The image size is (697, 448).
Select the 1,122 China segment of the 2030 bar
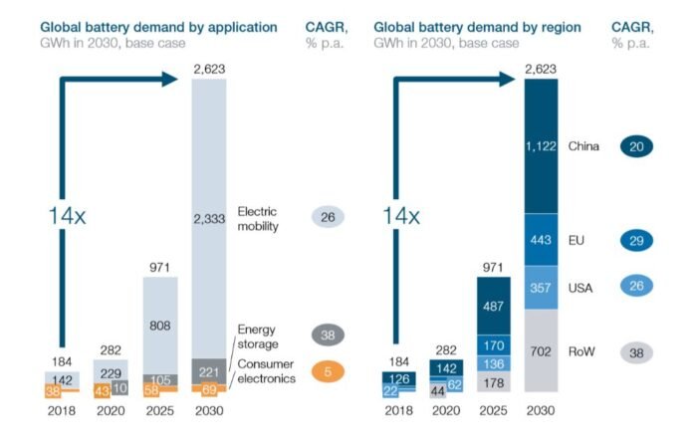(x=542, y=146)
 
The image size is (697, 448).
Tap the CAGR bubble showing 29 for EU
(x=635, y=240)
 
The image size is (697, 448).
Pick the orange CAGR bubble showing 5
(x=329, y=372)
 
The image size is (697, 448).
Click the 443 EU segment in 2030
(x=542, y=240)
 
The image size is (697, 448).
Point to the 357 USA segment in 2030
(x=542, y=288)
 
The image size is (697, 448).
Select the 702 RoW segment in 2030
(x=542, y=350)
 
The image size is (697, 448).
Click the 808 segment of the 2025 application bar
(x=161, y=325)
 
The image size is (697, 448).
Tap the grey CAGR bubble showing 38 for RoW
(x=635, y=351)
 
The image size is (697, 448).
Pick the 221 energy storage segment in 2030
(x=208, y=369)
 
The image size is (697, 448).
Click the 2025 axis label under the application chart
(x=161, y=408)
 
